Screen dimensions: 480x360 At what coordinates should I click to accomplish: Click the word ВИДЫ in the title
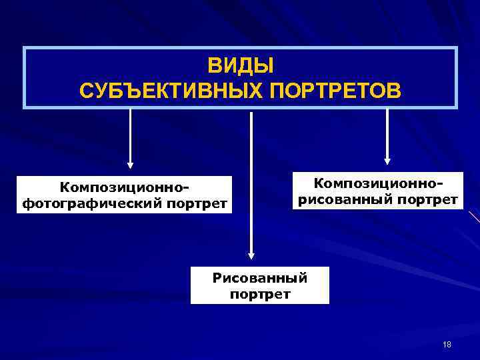pos(241,66)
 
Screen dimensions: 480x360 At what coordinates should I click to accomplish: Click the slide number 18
pos(447,344)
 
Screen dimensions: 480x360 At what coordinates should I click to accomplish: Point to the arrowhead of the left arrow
pos(131,164)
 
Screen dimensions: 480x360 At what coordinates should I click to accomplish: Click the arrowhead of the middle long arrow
pos(251,255)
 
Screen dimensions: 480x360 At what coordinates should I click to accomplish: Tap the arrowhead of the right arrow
pos(387,160)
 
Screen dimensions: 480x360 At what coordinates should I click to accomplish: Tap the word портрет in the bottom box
pos(259,293)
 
